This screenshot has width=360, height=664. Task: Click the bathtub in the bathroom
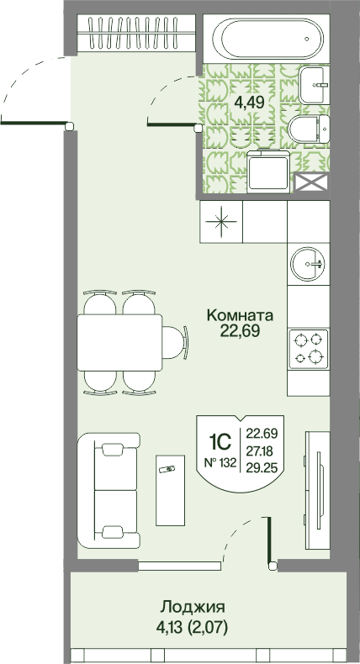pos(267,39)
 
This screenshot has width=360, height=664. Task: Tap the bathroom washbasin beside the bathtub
pos(315,85)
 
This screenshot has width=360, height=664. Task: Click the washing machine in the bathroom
pos(268,171)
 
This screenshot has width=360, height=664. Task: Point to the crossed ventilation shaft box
pos(312,182)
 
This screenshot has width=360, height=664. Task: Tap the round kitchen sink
pos(308,263)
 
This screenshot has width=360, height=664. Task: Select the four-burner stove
pos(308,349)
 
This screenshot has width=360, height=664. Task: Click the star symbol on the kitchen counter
pos(221,222)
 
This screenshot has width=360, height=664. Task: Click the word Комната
pos(240,315)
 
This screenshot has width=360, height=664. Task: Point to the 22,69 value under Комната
pos(240,330)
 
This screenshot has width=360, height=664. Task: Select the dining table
pos(119,342)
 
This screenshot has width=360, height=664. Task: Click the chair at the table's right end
pos(175,342)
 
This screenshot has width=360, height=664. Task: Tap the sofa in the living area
pos(109,491)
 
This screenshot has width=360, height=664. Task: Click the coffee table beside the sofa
pos(171,490)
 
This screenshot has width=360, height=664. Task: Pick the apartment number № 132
pos(220,463)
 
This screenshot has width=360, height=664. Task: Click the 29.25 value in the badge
pos(262,467)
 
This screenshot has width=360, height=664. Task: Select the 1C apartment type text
pos(220,443)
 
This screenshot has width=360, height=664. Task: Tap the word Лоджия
pos(192,608)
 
